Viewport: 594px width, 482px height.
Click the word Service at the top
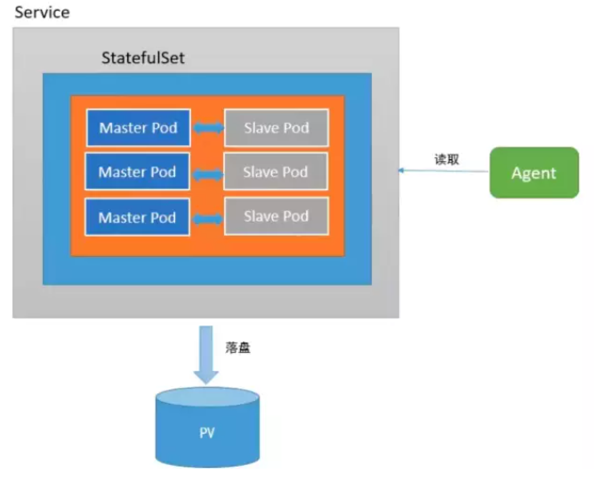click(x=42, y=13)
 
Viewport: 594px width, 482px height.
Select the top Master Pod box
click(x=138, y=128)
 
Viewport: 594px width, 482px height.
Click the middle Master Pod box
click(x=138, y=172)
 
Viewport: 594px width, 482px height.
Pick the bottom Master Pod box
click(x=138, y=217)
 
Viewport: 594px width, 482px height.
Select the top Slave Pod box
click(x=276, y=128)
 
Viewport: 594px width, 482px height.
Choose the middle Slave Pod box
click(x=276, y=172)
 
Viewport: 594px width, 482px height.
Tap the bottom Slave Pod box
click(x=276, y=216)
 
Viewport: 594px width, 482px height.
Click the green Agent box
click(x=534, y=173)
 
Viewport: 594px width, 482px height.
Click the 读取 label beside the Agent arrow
click(x=446, y=159)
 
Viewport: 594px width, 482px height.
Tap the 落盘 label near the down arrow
click(x=238, y=348)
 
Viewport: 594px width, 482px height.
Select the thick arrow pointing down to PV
click(x=206, y=352)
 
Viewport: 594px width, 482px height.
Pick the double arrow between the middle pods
click(x=207, y=173)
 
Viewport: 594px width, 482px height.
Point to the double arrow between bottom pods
click(x=207, y=217)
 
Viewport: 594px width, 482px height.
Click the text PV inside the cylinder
click(x=206, y=434)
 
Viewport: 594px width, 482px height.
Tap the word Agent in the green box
click(x=534, y=173)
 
